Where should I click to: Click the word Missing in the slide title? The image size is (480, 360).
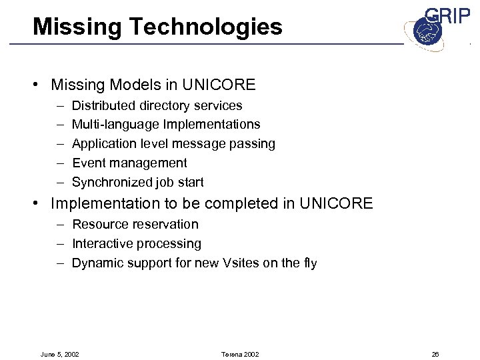(x=70, y=27)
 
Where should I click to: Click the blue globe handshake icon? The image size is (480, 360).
(x=425, y=33)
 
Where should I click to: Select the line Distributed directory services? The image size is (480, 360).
(x=157, y=105)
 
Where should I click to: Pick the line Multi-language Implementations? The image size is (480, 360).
(x=166, y=125)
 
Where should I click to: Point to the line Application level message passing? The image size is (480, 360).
(x=173, y=143)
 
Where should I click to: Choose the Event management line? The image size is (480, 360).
(x=129, y=163)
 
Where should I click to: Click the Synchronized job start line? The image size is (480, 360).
(x=138, y=182)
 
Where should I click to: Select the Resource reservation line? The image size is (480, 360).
(x=135, y=225)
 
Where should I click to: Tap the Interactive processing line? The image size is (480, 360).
(x=137, y=244)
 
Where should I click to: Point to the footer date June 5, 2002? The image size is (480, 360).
(x=59, y=354)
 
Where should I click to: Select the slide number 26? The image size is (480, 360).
(x=435, y=354)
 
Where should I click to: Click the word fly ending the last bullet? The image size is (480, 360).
(x=309, y=263)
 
